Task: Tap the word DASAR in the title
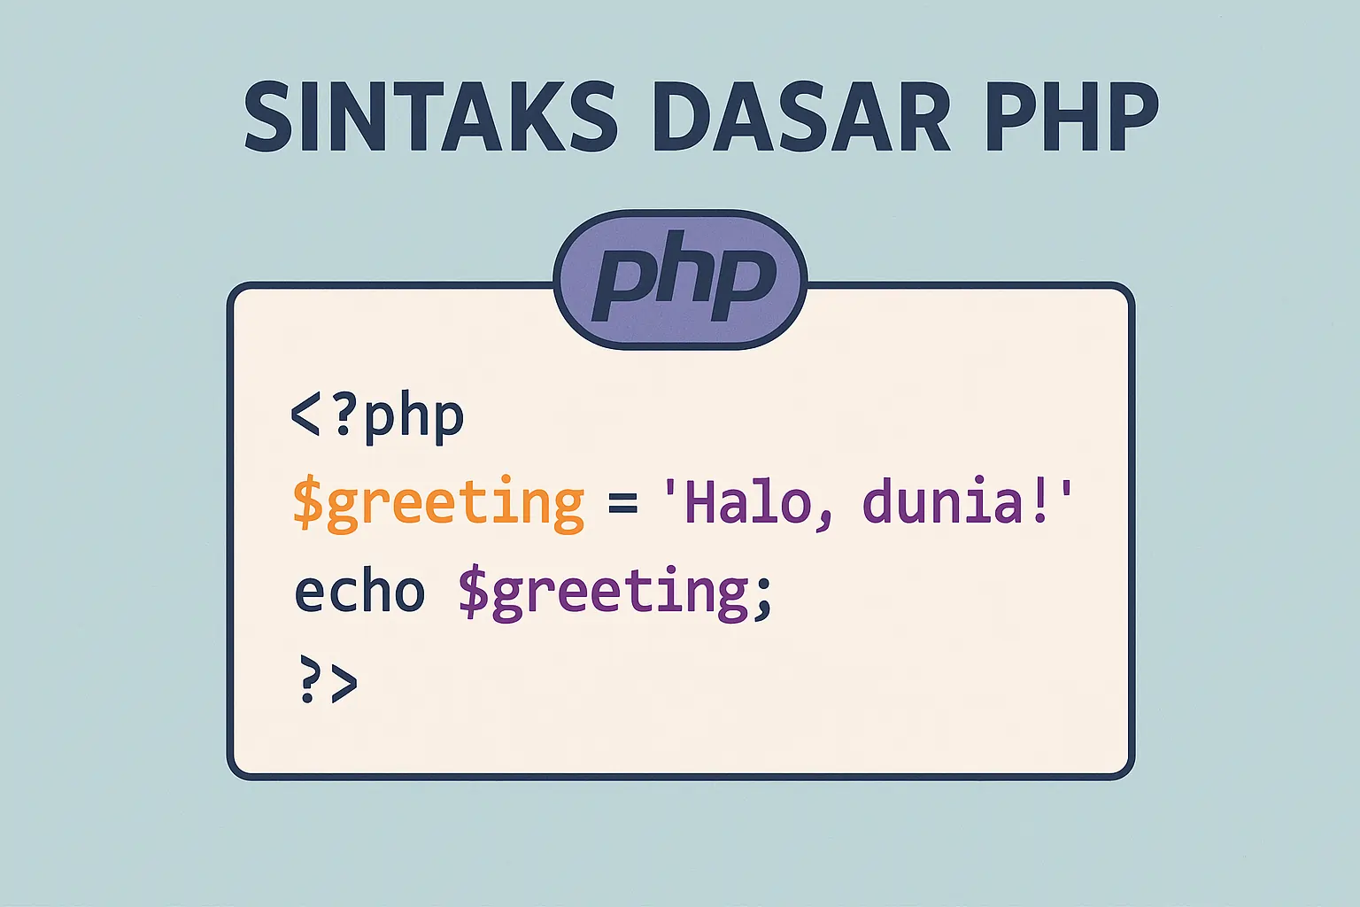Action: point(800,117)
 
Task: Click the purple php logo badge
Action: point(680,279)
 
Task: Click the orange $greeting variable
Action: point(438,503)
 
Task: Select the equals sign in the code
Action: point(622,503)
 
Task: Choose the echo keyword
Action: point(359,592)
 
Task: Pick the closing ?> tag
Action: point(328,680)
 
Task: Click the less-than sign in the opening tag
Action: point(305,416)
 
